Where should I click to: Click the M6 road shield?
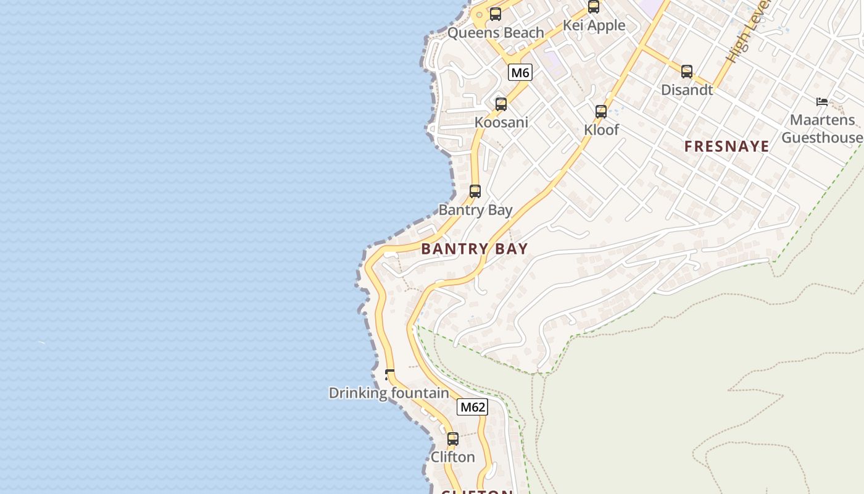520,73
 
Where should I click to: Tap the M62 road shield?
472,407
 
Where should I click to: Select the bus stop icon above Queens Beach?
496,14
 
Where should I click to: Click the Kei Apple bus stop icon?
594,7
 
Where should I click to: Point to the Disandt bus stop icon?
687,72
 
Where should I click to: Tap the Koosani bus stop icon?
501,104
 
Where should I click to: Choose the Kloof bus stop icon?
601,112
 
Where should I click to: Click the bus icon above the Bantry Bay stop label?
475,191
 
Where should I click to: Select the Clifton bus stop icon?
453,439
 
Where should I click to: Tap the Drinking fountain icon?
389,374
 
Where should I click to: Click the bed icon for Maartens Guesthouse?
822,102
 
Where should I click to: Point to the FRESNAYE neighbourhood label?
727,146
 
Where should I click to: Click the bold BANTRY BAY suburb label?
475,249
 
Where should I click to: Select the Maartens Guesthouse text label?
822,128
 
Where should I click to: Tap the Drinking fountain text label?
389,393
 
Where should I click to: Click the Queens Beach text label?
496,33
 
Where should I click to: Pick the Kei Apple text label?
594,25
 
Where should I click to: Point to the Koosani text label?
501,122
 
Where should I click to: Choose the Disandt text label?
687,90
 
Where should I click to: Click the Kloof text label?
601,130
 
